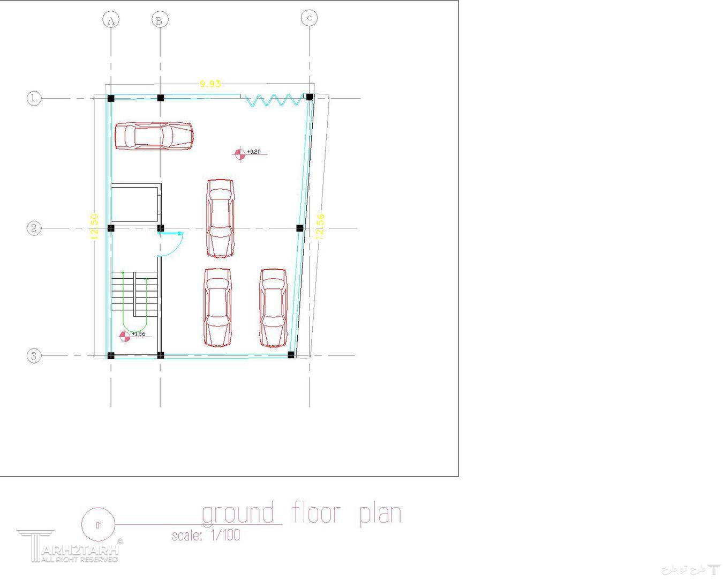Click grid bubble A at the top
tap(111, 20)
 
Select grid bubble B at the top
tap(160, 20)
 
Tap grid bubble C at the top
tap(309, 18)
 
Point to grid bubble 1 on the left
tap(34, 98)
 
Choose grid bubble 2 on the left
tap(34, 228)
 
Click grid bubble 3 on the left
tap(34, 355)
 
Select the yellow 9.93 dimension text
tap(210, 84)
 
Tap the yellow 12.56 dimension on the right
tap(320, 226)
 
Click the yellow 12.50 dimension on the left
tap(94, 226)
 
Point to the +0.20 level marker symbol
tap(239, 154)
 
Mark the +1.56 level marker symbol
tap(124, 336)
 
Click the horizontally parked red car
tap(154, 136)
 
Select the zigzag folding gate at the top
tap(273, 100)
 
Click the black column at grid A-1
tap(111, 98)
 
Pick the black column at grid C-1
tap(309, 97)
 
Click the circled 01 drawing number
tap(99, 525)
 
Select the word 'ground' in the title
tap(238, 514)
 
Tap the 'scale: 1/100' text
tap(206, 535)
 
